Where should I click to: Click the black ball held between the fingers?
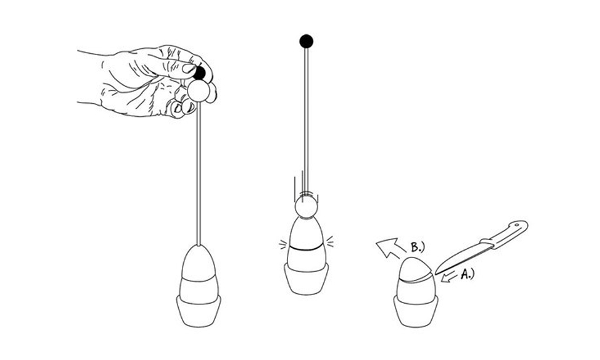click(199, 73)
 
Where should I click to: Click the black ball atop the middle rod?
click(306, 42)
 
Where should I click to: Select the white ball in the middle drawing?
click(306, 206)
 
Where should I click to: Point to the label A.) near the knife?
click(466, 272)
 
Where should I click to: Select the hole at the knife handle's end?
click(516, 224)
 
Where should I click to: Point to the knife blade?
click(461, 256)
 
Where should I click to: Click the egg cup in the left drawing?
click(199, 310)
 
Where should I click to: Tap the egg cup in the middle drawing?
click(306, 279)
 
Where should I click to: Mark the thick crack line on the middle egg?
click(306, 249)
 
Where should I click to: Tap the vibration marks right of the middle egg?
click(329, 242)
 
